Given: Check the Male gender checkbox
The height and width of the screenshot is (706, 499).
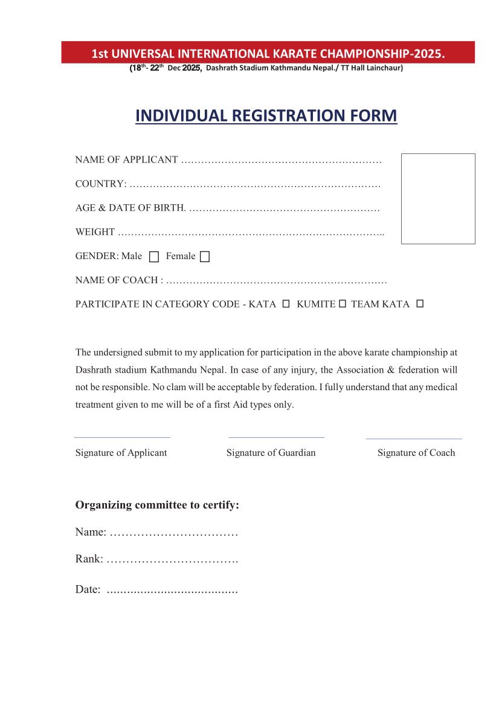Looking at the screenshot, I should pos(154,257).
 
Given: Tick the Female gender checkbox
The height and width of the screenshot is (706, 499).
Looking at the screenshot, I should pos(205,257).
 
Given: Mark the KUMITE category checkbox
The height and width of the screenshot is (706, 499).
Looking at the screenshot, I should pos(342,304).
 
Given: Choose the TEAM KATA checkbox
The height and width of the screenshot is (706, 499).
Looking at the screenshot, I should pos(420,304).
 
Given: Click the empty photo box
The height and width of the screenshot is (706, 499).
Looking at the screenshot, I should pos(438,199).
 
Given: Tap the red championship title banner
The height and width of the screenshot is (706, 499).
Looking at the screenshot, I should pos(268,53).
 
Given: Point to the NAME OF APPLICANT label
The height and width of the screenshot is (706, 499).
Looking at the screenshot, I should pos(126,160).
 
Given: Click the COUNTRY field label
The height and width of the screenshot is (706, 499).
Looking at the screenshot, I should pos(101,184).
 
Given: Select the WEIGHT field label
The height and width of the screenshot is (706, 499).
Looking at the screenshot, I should pos(95,232).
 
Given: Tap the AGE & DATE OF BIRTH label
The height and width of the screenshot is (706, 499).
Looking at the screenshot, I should pos(130,208).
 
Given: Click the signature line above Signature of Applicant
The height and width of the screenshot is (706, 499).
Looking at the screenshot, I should pos(122,437).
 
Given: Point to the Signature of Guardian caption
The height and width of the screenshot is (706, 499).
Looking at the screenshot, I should pos(271,453).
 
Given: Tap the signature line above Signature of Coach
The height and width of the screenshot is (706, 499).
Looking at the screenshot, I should pos(414,438).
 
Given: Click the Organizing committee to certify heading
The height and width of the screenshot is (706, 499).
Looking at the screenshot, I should pos(157,505).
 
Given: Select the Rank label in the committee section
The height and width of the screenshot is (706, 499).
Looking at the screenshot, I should pos(89,559).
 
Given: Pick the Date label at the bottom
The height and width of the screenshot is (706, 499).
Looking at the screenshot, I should pos(88,589).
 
